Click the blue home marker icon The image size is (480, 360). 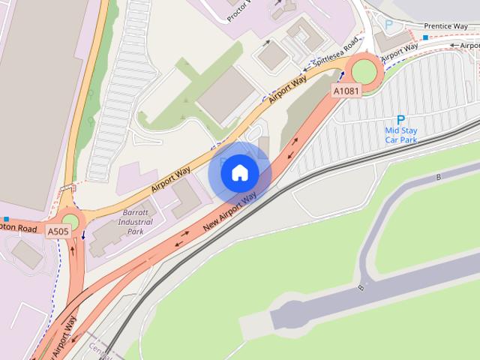click(x=239, y=173)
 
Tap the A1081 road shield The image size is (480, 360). click(x=346, y=91)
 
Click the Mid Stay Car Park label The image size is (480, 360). click(x=401, y=135)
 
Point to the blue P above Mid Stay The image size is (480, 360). click(x=400, y=120)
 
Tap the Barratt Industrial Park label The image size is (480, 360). click(x=135, y=222)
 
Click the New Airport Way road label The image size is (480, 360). click(x=229, y=211)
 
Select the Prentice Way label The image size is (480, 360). click(x=445, y=26)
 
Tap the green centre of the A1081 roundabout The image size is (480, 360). click(x=365, y=72)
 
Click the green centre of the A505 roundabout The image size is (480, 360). click(x=70, y=221)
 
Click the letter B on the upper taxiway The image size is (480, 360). click(x=439, y=178)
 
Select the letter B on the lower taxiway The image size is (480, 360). click(x=361, y=287)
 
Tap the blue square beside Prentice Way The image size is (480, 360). click(x=425, y=37)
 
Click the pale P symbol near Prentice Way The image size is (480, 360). click(x=388, y=25)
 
